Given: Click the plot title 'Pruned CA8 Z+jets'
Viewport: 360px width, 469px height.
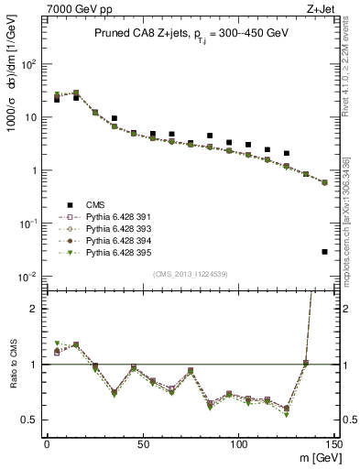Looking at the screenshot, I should coord(133,33).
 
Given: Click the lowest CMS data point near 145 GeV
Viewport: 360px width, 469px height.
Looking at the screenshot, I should coord(325,251).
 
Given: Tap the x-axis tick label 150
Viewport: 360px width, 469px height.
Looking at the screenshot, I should coord(333,444).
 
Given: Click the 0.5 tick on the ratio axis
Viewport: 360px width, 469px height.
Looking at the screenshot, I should coord(33,420).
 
